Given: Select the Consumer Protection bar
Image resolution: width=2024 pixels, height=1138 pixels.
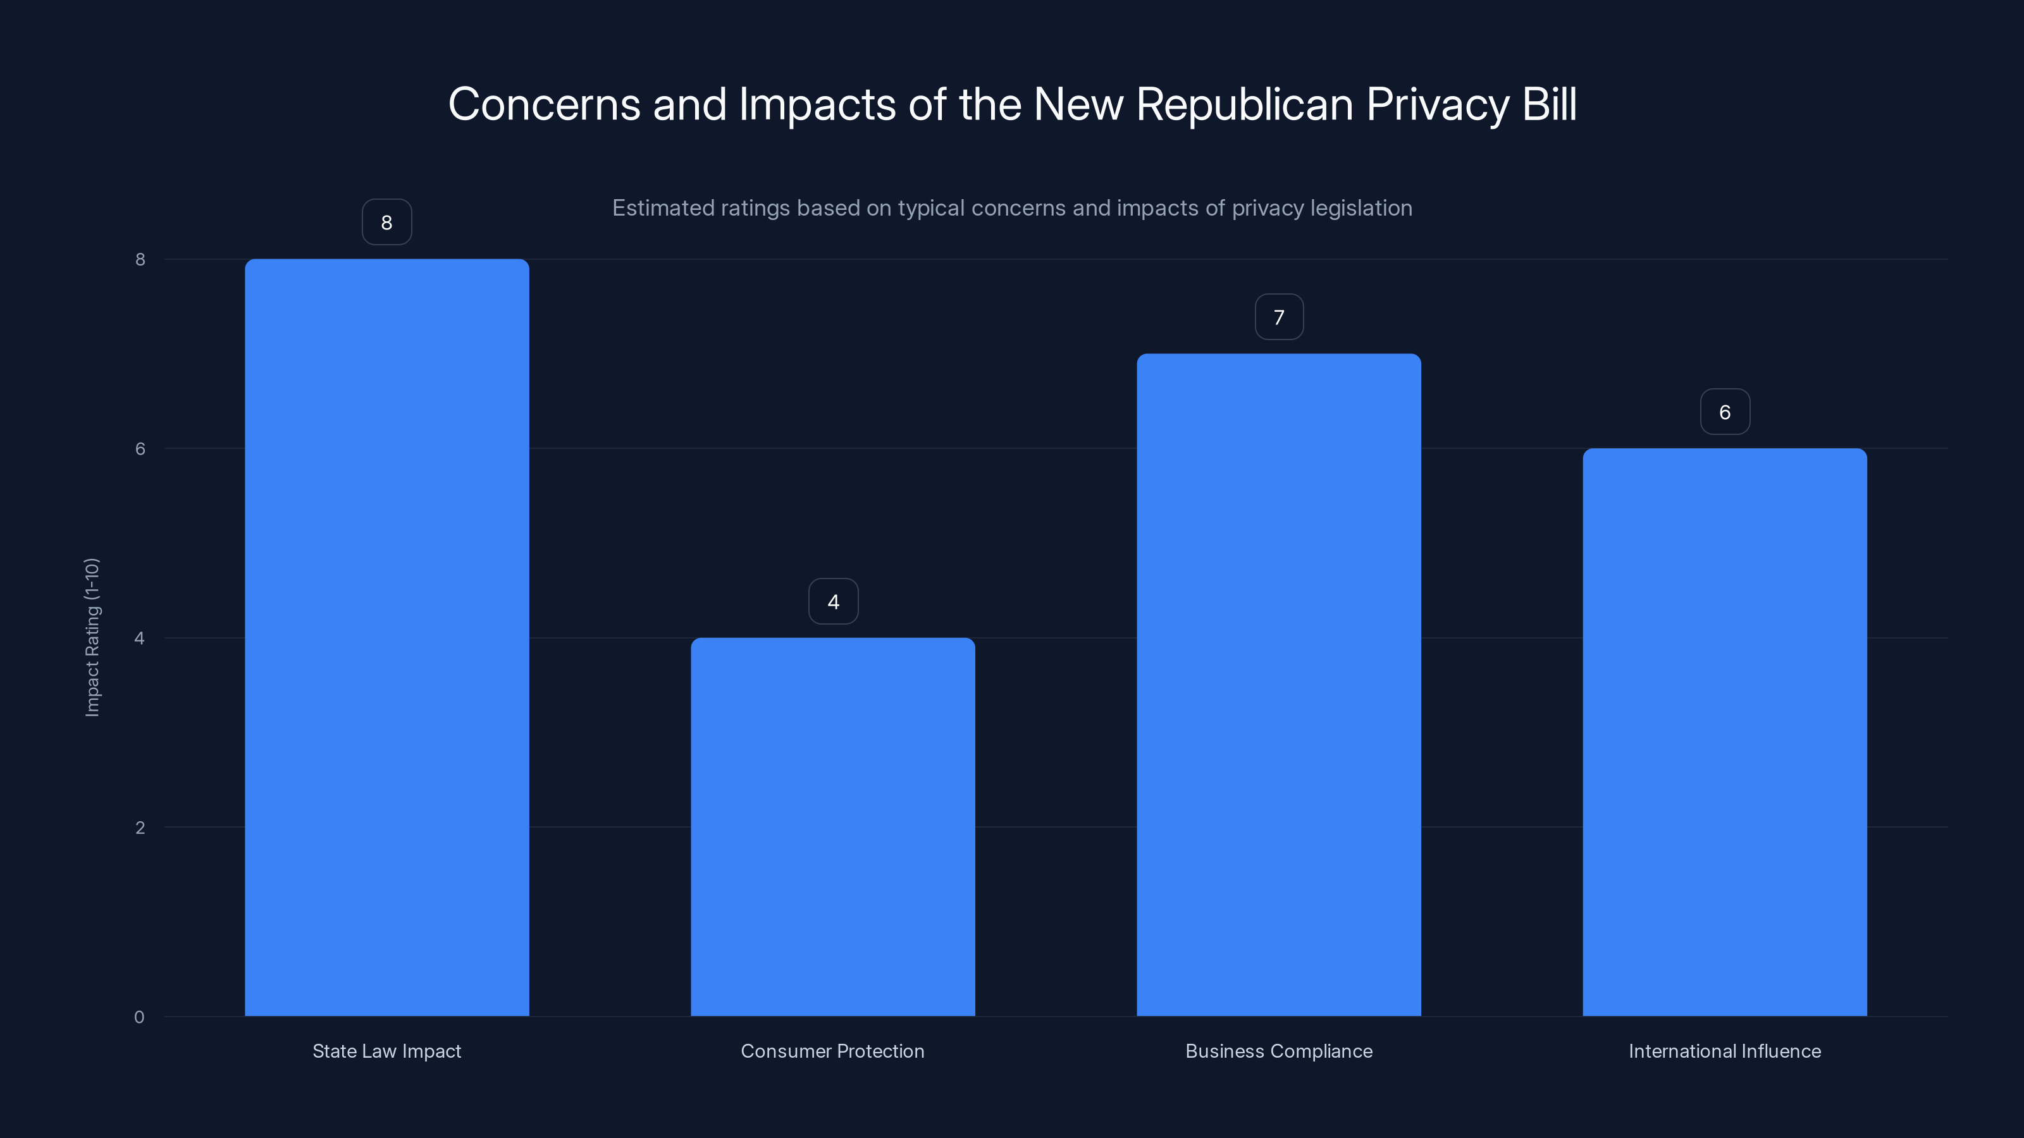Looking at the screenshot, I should coord(833,826).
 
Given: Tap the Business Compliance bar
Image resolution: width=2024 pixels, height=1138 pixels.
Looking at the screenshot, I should coord(1278,684).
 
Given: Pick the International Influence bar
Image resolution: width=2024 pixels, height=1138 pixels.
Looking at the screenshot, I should coord(1725,732).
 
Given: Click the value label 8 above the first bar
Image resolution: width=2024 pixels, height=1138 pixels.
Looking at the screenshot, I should coord(386,223).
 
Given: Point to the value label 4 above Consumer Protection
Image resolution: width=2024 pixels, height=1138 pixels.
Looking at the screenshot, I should coord(833,602).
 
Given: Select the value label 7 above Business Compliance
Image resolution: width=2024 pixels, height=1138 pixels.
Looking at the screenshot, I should coord(1278,317).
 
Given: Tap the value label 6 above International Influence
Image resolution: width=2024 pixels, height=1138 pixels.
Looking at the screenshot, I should coord(1725,412).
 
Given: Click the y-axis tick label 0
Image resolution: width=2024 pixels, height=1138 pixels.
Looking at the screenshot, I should coord(139,1017).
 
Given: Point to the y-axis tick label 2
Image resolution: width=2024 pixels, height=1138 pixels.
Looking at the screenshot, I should coord(140,827).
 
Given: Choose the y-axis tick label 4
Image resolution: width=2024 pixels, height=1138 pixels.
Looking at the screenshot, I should coord(140,638).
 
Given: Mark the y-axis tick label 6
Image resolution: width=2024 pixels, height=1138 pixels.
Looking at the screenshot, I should coord(140,448).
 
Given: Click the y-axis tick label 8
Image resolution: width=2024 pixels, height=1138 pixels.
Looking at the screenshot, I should coord(140,259).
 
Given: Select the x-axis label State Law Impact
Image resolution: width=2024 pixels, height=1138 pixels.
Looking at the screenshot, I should coord(386,1051).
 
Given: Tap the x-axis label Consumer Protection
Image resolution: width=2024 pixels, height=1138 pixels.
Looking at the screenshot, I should coord(833,1051).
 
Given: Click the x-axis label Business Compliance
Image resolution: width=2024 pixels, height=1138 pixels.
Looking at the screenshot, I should coord(1278,1051).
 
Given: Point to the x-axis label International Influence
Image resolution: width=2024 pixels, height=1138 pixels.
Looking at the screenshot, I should coord(1725,1051).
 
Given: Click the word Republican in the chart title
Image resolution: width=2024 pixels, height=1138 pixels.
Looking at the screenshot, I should coord(1243,104).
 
